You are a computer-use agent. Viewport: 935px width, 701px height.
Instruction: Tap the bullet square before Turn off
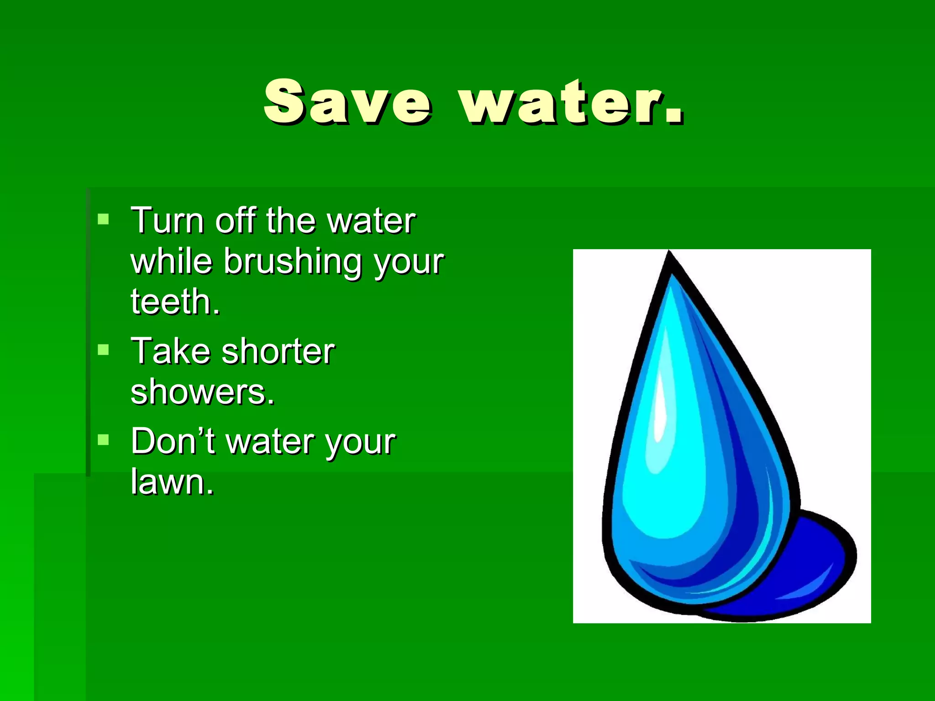pos(104,220)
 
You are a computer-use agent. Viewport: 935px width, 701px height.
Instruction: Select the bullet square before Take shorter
pos(104,350)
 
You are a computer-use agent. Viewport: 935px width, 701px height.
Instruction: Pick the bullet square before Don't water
pos(104,440)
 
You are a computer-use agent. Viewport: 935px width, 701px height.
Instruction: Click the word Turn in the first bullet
pos(167,221)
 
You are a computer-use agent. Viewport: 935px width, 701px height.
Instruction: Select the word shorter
pos(278,351)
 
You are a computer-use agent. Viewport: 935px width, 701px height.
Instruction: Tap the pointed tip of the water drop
pos(669,256)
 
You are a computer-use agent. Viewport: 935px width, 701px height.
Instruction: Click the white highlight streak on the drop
pos(660,402)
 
